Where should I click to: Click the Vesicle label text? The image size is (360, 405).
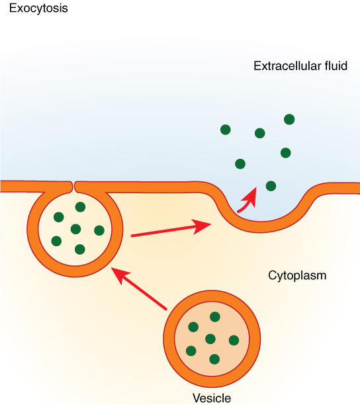click(x=212, y=398)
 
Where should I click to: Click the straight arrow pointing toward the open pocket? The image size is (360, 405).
click(x=171, y=230)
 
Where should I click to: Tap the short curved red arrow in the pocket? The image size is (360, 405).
click(x=247, y=199)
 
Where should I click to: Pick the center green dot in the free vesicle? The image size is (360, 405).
click(x=210, y=339)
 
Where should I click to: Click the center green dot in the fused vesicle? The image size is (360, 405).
click(x=75, y=229)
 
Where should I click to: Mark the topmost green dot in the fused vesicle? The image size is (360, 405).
click(x=80, y=207)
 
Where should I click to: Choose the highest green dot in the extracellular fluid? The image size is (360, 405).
click(x=289, y=119)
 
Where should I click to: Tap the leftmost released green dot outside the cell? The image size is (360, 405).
click(x=226, y=130)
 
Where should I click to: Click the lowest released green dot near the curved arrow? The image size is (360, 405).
click(x=271, y=186)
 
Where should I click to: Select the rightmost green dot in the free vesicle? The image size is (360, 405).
click(x=234, y=340)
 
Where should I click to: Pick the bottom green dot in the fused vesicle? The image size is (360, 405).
click(x=80, y=249)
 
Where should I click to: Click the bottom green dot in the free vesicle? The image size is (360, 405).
click(x=214, y=359)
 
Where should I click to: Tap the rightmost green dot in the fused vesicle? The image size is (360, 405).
click(x=99, y=230)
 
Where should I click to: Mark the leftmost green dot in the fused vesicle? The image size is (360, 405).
click(x=56, y=241)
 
